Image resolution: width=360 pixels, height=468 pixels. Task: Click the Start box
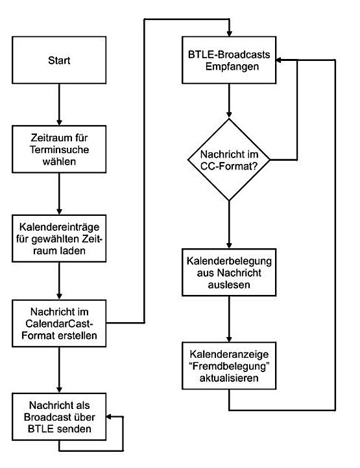(x=59, y=60)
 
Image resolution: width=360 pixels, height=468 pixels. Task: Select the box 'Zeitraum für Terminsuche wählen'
(x=59, y=149)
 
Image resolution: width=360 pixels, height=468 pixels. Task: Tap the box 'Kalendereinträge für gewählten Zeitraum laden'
(x=59, y=239)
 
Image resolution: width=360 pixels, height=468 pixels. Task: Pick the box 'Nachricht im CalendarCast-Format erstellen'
(x=59, y=323)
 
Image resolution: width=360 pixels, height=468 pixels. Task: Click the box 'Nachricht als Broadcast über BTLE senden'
(x=59, y=417)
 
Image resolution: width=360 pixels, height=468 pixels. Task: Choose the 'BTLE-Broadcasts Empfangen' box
(x=229, y=60)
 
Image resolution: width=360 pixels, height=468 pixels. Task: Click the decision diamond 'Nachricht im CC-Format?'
(x=229, y=159)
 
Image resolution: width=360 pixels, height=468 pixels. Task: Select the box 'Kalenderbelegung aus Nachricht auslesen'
(x=229, y=272)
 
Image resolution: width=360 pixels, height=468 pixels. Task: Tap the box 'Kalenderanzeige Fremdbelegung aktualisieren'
(x=229, y=366)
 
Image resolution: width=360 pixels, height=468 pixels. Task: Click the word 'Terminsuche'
(x=60, y=149)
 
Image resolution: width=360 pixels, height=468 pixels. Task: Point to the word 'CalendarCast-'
(x=60, y=323)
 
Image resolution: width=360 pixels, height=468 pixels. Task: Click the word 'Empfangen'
(x=232, y=67)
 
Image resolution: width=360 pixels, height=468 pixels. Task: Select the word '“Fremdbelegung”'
(x=230, y=366)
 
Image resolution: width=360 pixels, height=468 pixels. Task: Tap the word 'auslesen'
(x=229, y=285)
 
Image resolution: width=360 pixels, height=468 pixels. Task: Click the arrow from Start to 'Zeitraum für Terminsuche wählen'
(x=59, y=104)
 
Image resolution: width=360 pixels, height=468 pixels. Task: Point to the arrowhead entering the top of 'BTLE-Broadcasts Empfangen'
(x=229, y=33)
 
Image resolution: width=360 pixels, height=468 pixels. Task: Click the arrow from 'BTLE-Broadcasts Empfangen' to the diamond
(x=229, y=101)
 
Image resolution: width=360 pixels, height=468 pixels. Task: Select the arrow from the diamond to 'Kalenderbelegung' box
(x=229, y=224)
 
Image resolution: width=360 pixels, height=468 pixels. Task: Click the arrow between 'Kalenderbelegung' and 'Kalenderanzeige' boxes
(x=229, y=319)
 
